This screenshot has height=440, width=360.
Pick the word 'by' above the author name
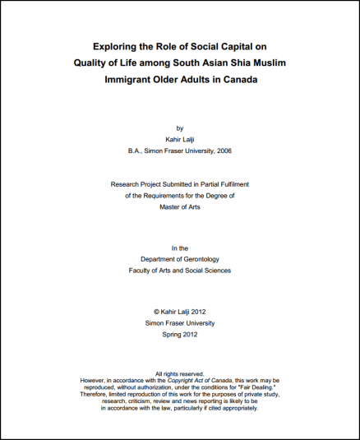click(180, 128)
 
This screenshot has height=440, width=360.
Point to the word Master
click(171, 207)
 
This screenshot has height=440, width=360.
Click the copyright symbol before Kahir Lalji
click(157, 312)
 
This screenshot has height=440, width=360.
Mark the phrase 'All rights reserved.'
click(179, 374)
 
